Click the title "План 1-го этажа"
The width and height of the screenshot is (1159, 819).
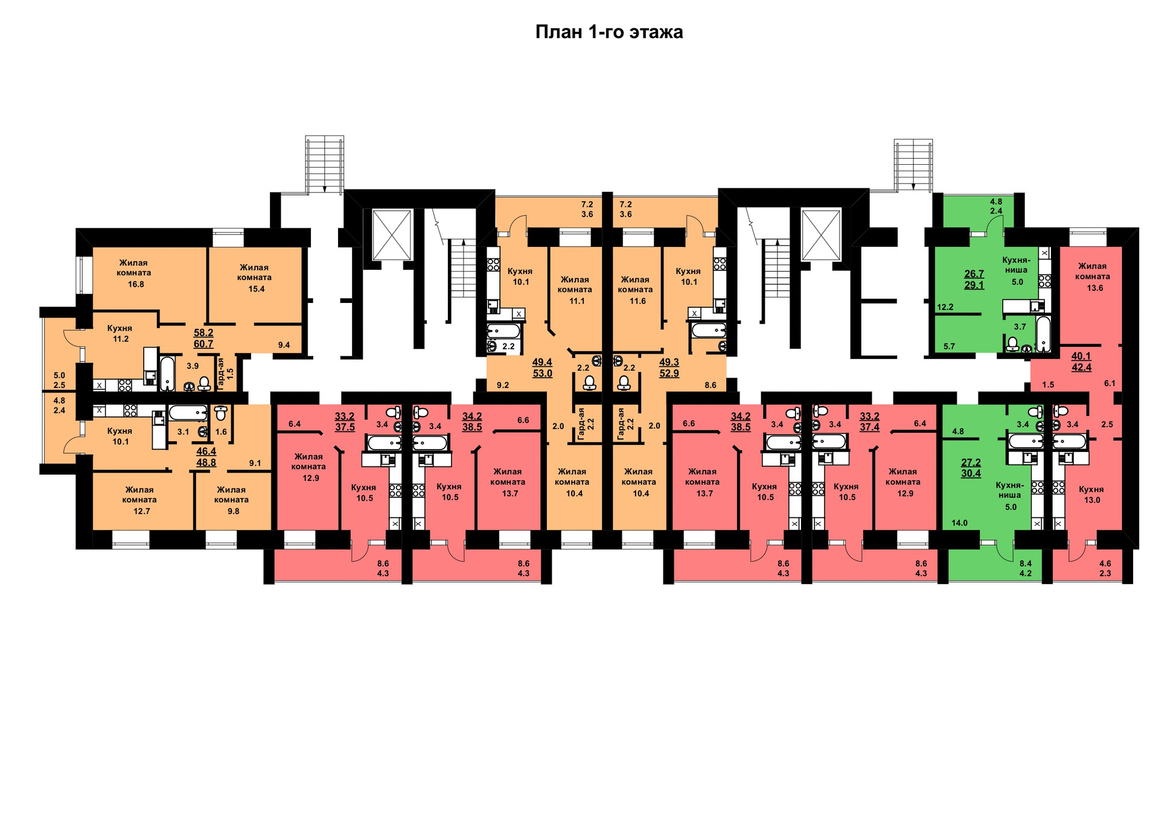tap(609, 32)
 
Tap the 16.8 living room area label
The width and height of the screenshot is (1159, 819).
tap(135, 273)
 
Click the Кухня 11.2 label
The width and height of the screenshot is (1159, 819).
tap(120, 334)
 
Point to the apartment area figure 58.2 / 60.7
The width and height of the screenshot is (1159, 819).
tap(203, 339)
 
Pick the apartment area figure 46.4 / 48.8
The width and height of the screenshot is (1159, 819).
tap(206, 457)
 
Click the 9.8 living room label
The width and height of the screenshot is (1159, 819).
tap(232, 500)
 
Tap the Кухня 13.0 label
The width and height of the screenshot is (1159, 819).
tap(1091, 495)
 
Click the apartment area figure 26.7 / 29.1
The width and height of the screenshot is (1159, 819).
tap(974, 279)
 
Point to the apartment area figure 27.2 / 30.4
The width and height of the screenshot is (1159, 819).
tap(971, 468)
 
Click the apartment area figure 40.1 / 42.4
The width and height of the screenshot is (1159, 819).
tap(1081, 362)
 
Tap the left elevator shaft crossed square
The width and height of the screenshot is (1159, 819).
tap(392, 235)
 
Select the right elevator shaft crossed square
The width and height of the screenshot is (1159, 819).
tap(821, 235)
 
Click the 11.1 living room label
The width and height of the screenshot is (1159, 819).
tap(575, 290)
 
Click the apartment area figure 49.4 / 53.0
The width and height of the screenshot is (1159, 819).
tap(542, 368)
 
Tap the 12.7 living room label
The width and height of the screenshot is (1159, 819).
tap(140, 500)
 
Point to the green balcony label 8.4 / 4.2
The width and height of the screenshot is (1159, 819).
tap(1026, 569)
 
